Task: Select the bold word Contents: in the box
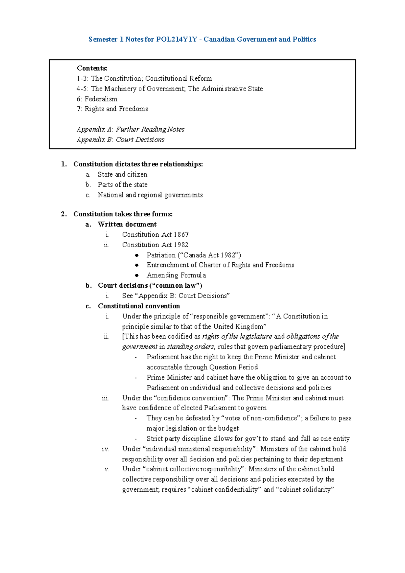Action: (92, 68)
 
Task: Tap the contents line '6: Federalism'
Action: (97, 99)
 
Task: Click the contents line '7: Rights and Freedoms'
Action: (112, 109)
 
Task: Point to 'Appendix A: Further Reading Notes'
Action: (131, 129)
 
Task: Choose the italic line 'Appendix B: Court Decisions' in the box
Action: (120, 139)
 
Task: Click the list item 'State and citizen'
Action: (123, 175)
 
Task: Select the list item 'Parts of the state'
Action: (123, 185)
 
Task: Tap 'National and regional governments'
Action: (150, 195)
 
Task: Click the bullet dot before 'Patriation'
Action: (137, 255)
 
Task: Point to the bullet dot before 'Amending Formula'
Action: (137, 275)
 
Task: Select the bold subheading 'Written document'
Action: (127, 224)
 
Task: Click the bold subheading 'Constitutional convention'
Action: (139, 306)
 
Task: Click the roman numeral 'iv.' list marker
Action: (106, 449)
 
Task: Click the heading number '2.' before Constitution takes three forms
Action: (64, 214)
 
